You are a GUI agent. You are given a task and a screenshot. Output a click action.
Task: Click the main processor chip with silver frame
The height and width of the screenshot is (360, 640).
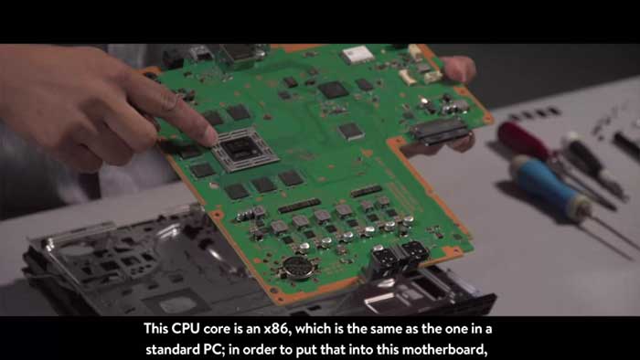244,149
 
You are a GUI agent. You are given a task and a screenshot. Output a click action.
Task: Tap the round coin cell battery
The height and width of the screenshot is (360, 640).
299,268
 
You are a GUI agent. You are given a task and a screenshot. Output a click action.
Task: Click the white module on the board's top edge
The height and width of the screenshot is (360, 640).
357,54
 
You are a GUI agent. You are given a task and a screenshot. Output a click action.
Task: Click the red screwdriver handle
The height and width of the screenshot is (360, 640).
522,140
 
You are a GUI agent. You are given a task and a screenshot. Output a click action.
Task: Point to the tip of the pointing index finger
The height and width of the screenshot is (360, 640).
210,136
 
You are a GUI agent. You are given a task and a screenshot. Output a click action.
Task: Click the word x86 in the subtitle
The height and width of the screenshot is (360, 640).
277,329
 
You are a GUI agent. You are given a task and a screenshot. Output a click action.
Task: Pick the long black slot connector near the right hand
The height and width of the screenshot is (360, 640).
440,132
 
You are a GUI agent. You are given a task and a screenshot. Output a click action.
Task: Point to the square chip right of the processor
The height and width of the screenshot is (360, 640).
351,131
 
